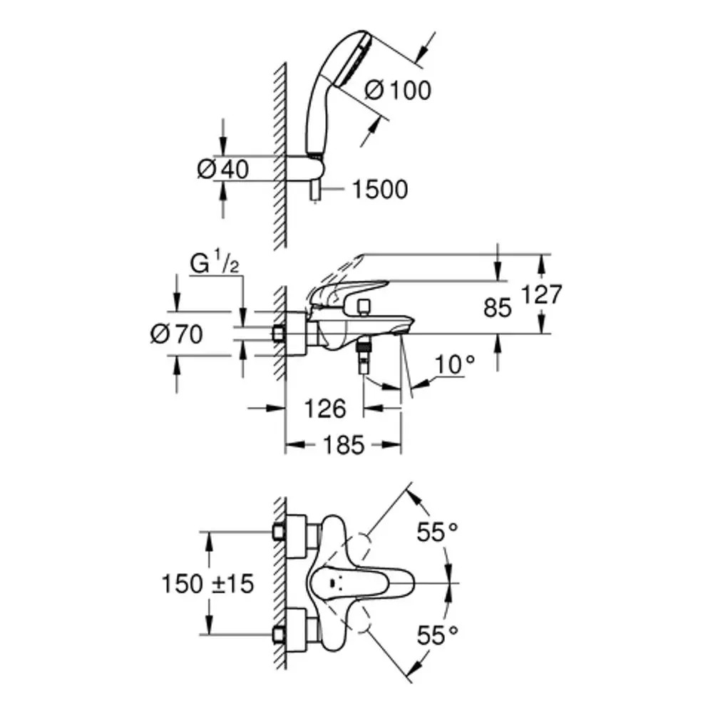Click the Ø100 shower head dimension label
pos(397,90)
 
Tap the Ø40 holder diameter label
pos(222,170)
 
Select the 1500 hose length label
pos(380,190)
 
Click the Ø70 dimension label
pos(176,334)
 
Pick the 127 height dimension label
pos(541,294)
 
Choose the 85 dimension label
pos(498,308)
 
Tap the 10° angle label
pos(455,364)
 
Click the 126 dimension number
pos(325,409)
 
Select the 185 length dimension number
pos(344,445)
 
